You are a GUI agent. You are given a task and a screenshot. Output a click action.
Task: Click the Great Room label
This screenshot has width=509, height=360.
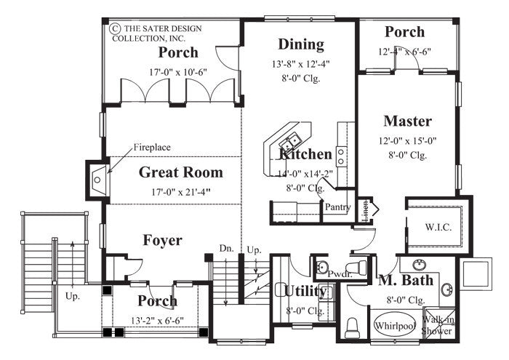[x=180, y=172]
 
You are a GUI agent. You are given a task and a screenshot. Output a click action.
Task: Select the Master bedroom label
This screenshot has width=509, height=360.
[x=407, y=121]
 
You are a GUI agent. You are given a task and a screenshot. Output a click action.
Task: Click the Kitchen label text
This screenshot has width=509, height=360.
[x=305, y=154]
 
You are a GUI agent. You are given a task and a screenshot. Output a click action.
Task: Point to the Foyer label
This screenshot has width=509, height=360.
[x=162, y=240]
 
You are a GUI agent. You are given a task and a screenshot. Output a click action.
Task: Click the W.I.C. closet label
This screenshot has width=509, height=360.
[x=438, y=227]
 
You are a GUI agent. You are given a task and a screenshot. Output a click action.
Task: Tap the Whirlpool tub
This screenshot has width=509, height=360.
[x=395, y=326]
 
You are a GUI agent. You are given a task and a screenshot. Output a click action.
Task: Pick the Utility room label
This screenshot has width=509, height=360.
[x=305, y=291]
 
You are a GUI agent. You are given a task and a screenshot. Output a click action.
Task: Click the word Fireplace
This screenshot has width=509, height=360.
[x=151, y=148]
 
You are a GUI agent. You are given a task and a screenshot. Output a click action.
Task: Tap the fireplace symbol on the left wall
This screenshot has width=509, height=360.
[x=97, y=177]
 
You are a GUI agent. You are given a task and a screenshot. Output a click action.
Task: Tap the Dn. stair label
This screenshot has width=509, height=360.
[x=225, y=249]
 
